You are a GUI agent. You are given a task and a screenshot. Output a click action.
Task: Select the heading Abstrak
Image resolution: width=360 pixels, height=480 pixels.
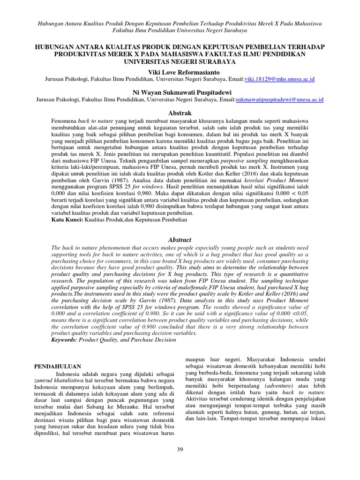tap(180, 113)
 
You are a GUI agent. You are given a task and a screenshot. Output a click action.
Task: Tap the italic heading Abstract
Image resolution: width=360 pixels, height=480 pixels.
tap(180, 240)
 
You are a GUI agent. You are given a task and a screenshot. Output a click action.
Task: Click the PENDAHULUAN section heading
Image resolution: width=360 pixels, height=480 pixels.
tap(59, 366)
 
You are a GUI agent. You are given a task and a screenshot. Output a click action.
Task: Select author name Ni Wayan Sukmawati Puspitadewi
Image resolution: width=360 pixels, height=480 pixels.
tap(180, 92)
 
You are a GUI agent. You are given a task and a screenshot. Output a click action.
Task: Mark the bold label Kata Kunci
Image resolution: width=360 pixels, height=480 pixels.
tap(67, 219)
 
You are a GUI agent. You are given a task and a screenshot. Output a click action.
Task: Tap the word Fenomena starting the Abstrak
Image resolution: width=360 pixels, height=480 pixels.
tap(64, 120)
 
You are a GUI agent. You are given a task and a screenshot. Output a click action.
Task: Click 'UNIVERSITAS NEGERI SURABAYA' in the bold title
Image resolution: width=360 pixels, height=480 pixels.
tap(180, 61)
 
